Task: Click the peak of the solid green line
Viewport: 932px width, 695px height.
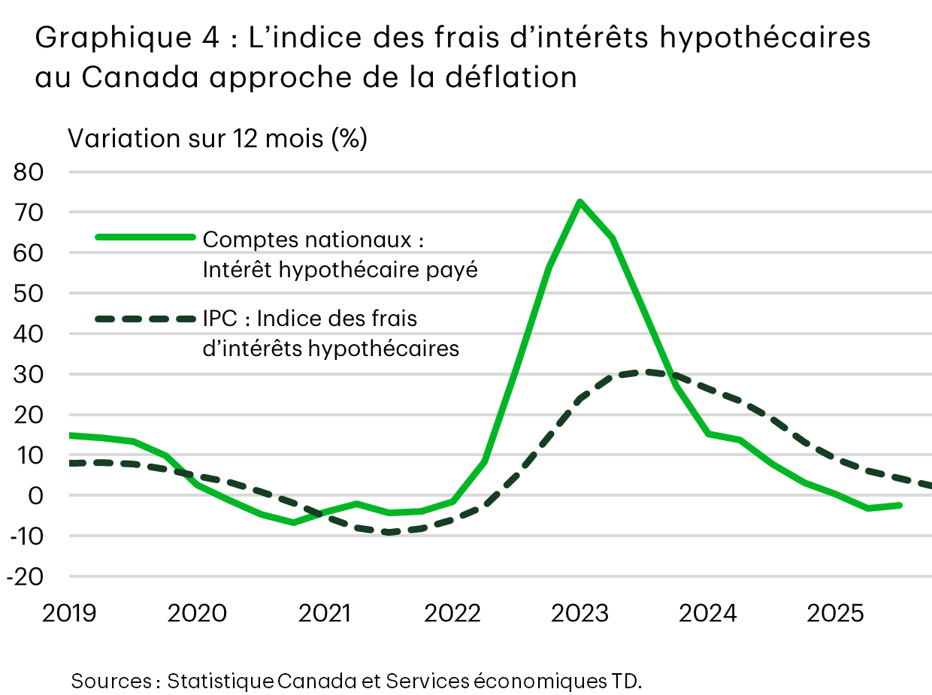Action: [x=579, y=201]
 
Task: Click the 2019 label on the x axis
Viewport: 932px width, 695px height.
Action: [x=69, y=614]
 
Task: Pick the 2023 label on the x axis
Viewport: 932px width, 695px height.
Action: [x=579, y=614]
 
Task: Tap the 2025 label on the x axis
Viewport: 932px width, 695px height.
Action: [x=835, y=614]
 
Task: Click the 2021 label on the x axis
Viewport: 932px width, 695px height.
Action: [x=325, y=614]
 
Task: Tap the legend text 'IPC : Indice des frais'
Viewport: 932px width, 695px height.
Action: [x=310, y=319]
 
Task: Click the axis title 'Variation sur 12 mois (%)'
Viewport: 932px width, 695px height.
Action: [x=217, y=139]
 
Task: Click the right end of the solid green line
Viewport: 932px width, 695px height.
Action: [x=900, y=505]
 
